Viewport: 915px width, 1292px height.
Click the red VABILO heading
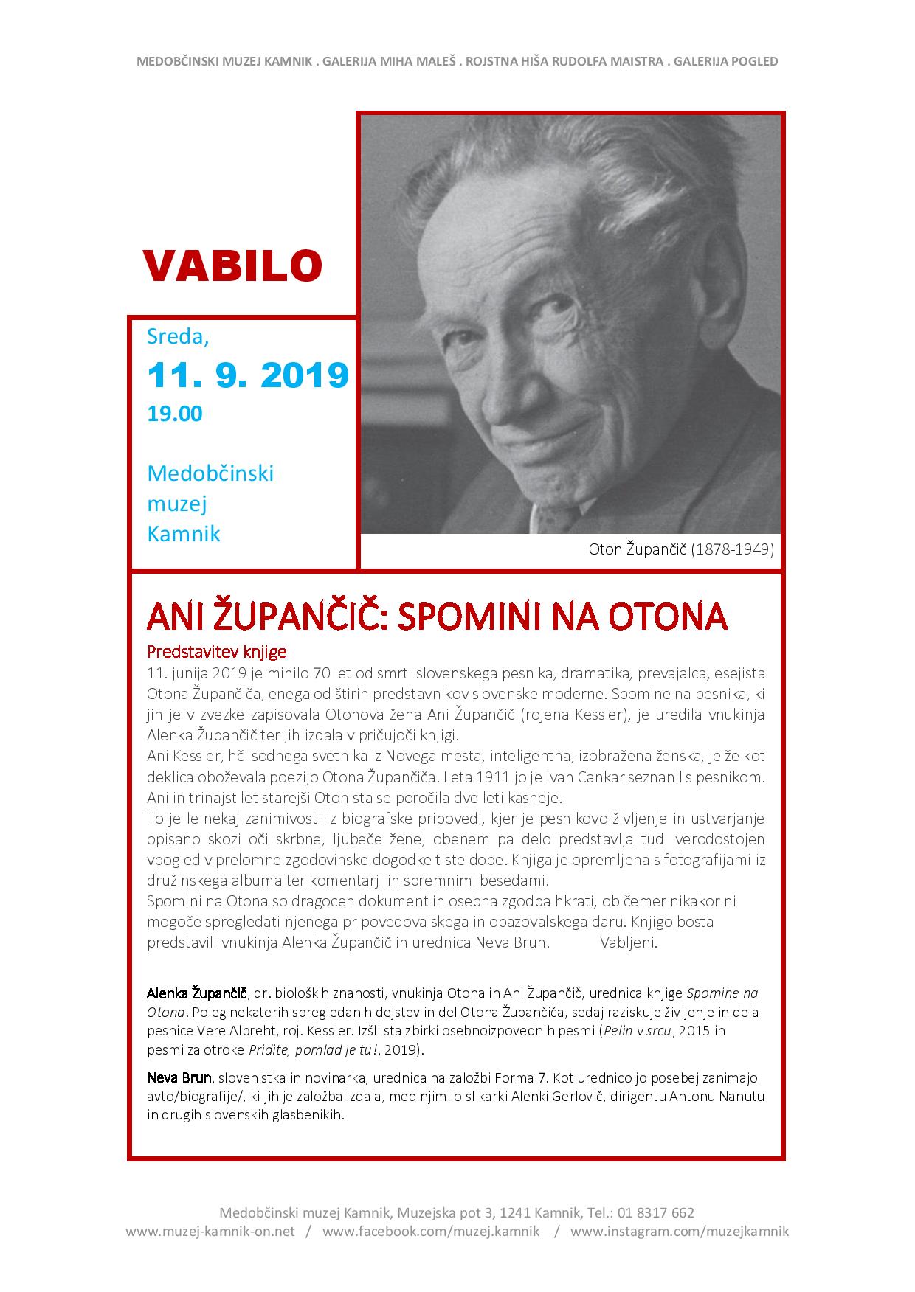(x=232, y=266)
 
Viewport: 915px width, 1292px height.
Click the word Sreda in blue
(x=178, y=336)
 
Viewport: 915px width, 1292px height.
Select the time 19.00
(x=175, y=414)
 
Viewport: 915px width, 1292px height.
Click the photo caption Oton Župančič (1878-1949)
(x=681, y=549)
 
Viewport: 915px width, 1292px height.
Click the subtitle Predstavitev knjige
(x=216, y=652)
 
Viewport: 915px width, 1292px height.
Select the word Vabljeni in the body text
(x=628, y=942)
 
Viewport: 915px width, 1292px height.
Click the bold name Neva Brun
(x=179, y=1078)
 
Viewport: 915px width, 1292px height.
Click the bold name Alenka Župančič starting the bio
(x=197, y=993)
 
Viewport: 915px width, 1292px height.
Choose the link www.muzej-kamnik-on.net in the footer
(x=210, y=1232)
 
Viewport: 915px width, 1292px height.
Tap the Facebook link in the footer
(x=431, y=1232)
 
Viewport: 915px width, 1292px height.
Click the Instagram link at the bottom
(x=680, y=1232)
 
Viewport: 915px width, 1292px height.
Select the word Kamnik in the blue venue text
(x=184, y=533)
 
